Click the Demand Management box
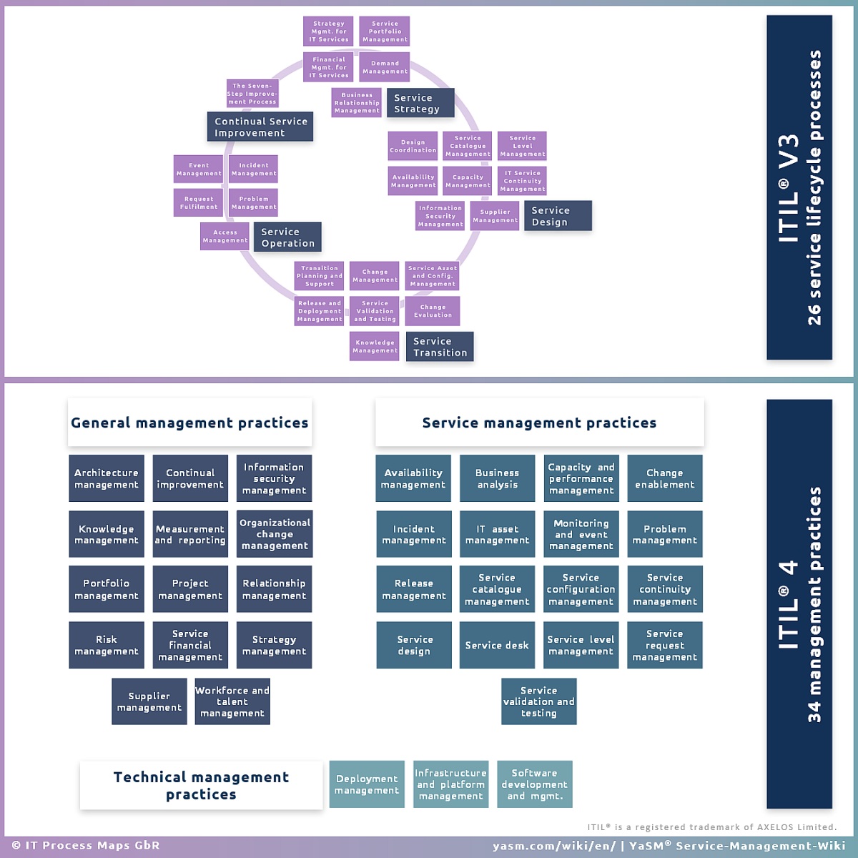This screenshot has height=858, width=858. point(384,67)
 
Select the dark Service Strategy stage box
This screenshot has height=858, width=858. point(420,103)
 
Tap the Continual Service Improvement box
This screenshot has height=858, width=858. point(260,127)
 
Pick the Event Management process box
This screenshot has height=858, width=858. point(198,169)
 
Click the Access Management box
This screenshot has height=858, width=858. point(225,237)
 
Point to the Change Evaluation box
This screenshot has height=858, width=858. point(433,311)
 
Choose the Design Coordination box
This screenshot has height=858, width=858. point(413,146)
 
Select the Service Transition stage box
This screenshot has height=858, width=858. point(440,347)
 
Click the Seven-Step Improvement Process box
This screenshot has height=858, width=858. point(252,94)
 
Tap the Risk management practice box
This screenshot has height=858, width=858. point(107,645)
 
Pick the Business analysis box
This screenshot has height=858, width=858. point(498,478)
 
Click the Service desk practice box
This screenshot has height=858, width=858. point(497,645)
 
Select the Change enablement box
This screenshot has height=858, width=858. point(665,478)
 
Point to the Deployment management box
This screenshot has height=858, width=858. point(367,784)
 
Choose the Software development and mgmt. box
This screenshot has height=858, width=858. point(535,784)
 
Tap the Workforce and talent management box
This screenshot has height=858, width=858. point(232,701)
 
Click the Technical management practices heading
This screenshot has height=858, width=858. point(201,785)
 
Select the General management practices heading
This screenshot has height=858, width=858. point(189,423)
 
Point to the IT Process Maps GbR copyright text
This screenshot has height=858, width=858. point(86,845)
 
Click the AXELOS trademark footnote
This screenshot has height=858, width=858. point(712,827)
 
